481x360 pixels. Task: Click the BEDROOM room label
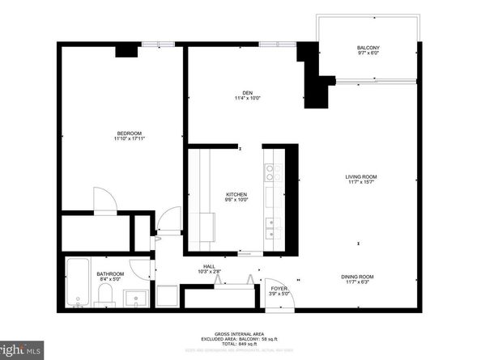coord(129,133)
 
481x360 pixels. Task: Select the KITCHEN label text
coord(236,195)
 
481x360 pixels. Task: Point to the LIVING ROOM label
coord(361,176)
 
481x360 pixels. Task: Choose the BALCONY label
coord(368,48)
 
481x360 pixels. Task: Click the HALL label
coord(209,266)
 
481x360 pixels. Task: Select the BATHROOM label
coord(110,274)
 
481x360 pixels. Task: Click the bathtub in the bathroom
coord(79,282)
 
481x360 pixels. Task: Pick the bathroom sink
coord(137,298)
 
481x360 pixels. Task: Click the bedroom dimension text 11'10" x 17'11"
coord(129,139)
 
